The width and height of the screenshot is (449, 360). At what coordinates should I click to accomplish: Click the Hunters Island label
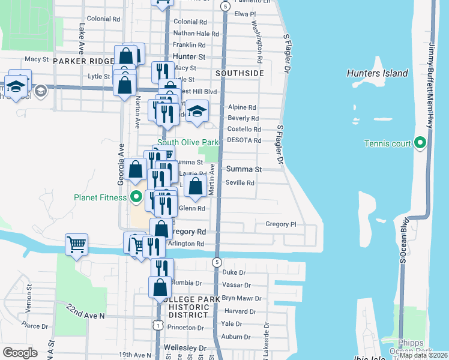(x=377, y=74)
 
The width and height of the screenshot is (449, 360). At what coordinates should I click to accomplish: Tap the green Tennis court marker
(x=420, y=143)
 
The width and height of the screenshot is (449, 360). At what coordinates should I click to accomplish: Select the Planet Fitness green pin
(x=136, y=196)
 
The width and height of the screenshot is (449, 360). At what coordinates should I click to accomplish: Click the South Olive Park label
(x=188, y=143)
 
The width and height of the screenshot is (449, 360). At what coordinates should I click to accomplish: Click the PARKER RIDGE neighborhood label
(x=82, y=61)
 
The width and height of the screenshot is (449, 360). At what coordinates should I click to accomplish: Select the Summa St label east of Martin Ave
(x=244, y=169)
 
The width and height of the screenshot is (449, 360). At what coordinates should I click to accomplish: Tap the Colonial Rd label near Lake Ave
(x=103, y=19)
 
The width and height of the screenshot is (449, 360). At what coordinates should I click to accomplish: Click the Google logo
(x=20, y=353)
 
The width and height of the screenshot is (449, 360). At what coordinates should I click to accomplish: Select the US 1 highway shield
(x=157, y=325)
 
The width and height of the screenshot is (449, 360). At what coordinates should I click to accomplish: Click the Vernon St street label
(x=28, y=304)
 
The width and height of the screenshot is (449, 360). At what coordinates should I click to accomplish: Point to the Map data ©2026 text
(x=423, y=355)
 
